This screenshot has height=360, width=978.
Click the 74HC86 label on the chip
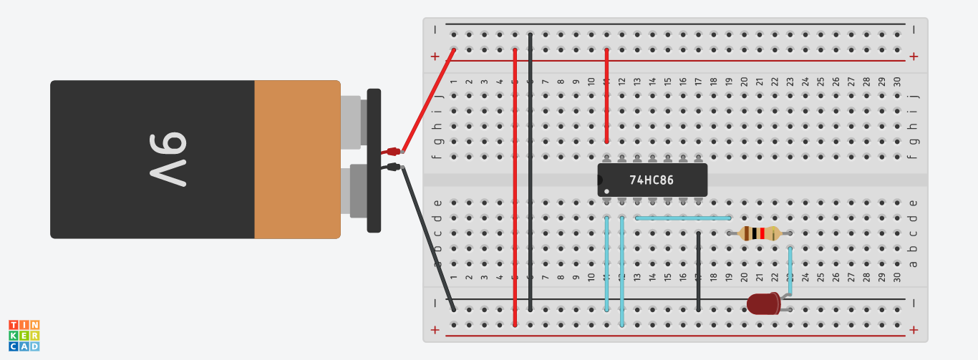tap(651, 180)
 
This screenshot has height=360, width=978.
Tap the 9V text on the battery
tap(170, 160)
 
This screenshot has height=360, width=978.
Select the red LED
tap(763, 304)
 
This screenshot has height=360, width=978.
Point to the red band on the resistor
tap(763, 233)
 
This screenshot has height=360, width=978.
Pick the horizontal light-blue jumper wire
tap(683, 218)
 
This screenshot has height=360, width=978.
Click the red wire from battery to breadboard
tap(429, 100)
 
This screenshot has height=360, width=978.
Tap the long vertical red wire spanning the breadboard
tap(515, 186)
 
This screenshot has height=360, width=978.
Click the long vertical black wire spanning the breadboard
tap(531, 172)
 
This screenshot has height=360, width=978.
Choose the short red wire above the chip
tap(607, 97)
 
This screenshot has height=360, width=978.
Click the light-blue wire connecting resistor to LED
tap(790, 272)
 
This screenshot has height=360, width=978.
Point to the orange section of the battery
tap(297, 160)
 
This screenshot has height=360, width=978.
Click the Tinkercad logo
tap(24, 335)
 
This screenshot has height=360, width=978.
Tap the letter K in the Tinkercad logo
tap(14, 336)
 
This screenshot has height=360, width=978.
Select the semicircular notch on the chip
tap(601, 180)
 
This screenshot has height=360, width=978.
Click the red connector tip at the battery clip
tap(392, 151)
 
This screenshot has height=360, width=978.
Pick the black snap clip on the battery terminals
tap(374, 160)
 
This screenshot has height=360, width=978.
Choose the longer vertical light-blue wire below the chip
tap(622, 272)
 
